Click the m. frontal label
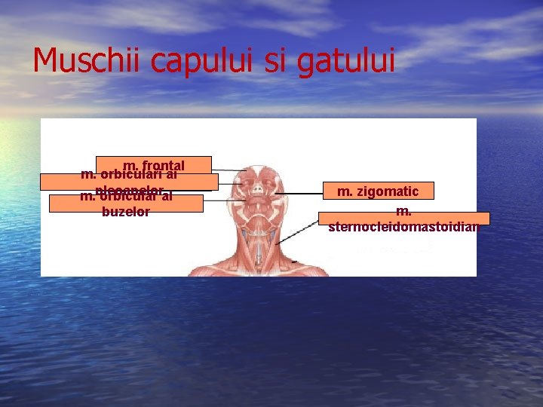[x=154, y=164]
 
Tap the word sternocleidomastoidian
[x=404, y=226]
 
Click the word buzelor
[x=125, y=212]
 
